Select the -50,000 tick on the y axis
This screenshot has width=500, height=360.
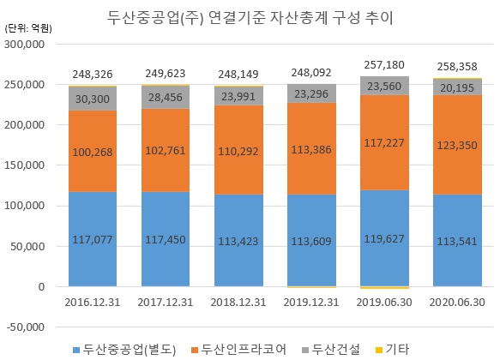coord(26,327)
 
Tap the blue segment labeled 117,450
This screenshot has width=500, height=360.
coord(166,240)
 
